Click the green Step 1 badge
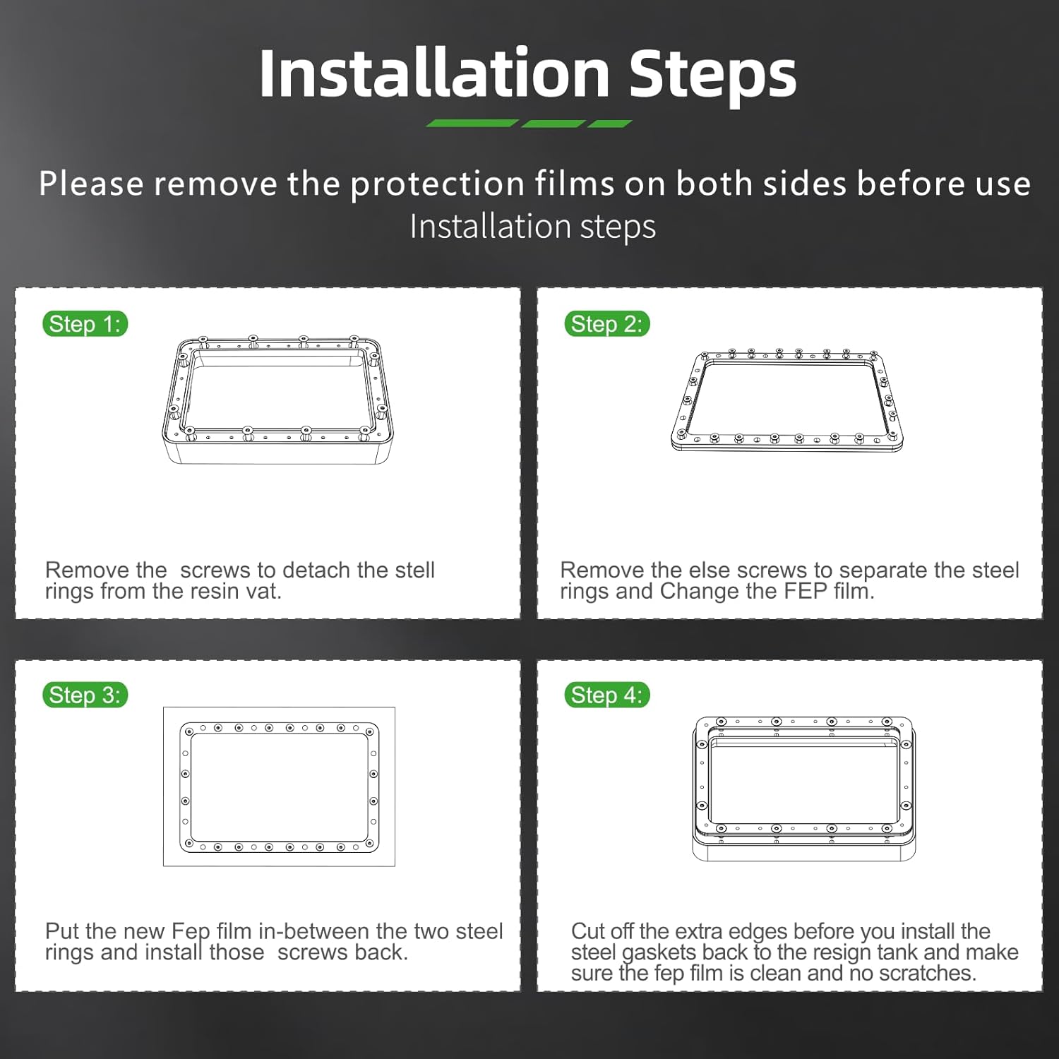tap(85, 324)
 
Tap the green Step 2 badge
tap(606, 324)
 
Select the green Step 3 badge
tap(85, 695)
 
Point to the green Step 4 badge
tap(606, 695)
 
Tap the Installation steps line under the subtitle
tap(533, 227)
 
